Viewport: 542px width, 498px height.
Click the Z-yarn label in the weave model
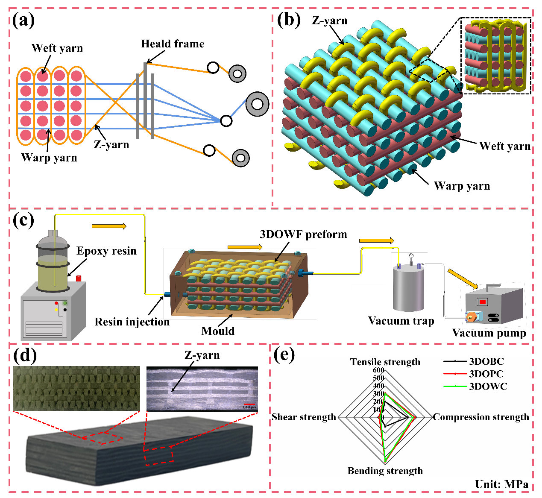[x=330, y=21]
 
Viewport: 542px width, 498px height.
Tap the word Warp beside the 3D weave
[x=448, y=186]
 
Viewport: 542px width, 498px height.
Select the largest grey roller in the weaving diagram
[x=257, y=104]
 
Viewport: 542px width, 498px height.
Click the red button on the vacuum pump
[x=482, y=302]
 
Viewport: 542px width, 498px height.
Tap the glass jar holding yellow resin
[x=53, y=265]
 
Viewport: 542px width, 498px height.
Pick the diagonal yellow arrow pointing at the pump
[x=463, y=278]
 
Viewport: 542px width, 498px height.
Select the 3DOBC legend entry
[x=474, y=361]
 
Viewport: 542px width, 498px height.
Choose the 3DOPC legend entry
[x=474, y=374]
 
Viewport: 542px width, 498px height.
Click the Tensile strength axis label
[x=385, y=362]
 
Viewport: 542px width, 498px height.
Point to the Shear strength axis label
[x=304, y=417]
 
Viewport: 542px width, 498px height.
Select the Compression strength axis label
[x=481, y=417]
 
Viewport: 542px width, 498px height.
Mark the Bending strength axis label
[x=385, y=471]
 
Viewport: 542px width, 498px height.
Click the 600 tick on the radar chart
[x=378, y=370]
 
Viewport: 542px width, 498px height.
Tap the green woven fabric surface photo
[x=76, y=388]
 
